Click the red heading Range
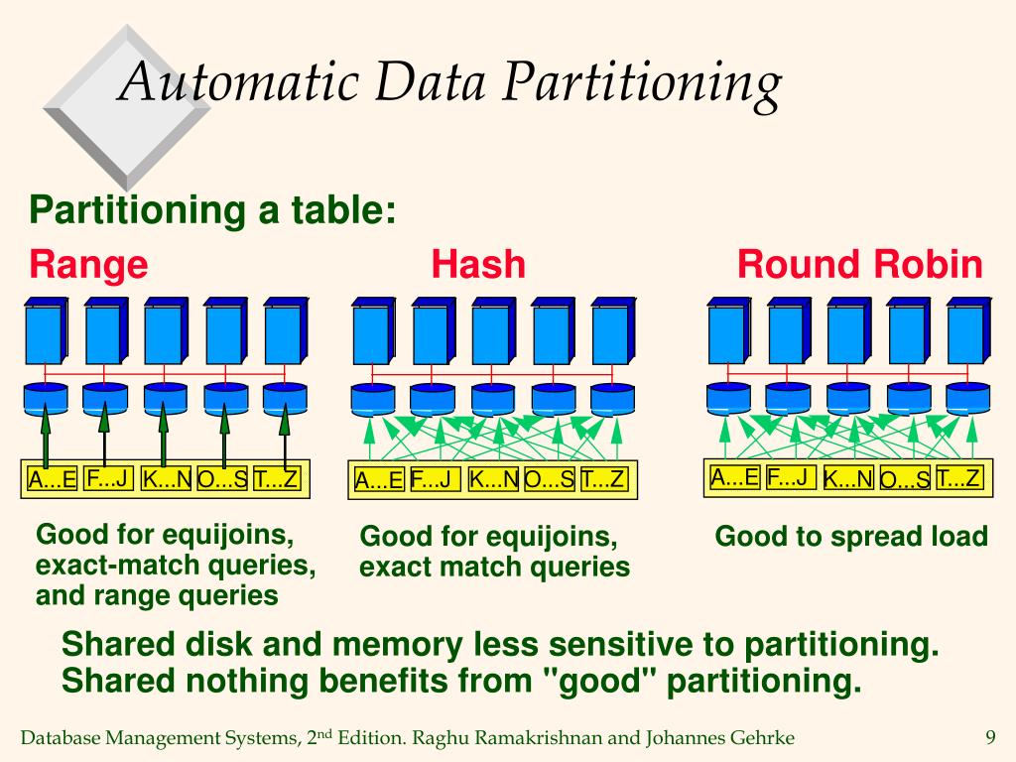(x=88, y=265)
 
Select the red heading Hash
(x=478, y=265)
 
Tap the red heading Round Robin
(x=859, y=265)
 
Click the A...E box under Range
(x=53, y=480)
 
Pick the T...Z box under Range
(x=276, y=479)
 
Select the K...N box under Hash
(x=493, y=480)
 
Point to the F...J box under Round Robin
(x=791, y=477)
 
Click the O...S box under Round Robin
(x=905, y=479)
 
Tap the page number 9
(x=989, y=737)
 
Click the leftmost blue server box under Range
(x=46, y=332)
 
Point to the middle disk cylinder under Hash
(x=493, y=399)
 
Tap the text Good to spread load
(x=851, y=537)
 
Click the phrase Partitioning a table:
(x=212, y=210)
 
